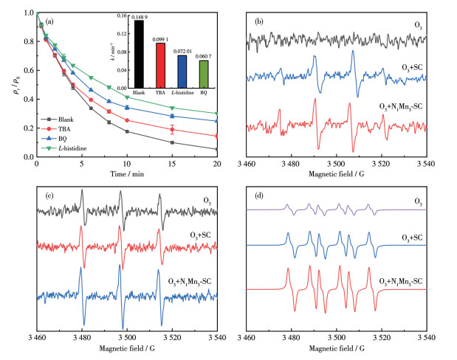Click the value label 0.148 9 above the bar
[x=139, y=16]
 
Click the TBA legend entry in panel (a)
[x=62, y=128]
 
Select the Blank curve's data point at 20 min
[x=216, y=149]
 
